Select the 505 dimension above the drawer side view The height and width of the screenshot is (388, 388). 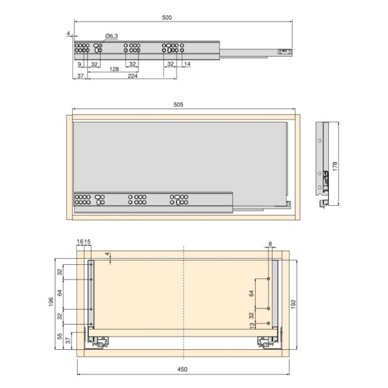(x=178, y=105)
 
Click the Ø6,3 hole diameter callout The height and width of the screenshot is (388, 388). (x=111, y=36)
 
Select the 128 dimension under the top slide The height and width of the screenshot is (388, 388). (x=114, y=70)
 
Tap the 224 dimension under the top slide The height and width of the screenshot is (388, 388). (x=132, y=76)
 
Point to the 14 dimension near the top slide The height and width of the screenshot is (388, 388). (x=187, y=64)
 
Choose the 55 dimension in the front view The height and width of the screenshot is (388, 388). (x=60, y=337)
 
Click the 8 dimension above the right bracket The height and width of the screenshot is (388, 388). (x=270, y=245)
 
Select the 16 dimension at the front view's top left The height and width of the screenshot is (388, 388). (x=79, y=241)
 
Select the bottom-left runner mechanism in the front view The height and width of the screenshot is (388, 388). (x=102, y=340)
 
